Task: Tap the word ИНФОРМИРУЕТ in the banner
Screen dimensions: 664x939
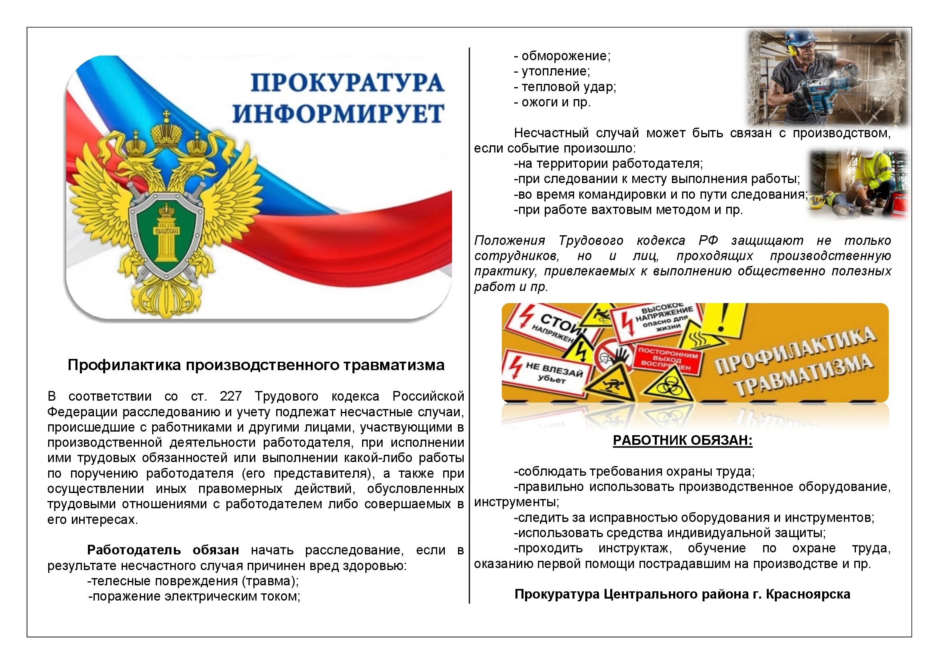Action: click(x=339, y=114)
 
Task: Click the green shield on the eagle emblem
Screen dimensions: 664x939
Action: click(x=167, y=229)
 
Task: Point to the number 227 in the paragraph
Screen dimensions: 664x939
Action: click(x=231, y=396)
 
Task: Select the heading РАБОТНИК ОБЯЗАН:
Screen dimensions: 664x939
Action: click(x=682, y=440)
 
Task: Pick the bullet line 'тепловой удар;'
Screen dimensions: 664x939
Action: click(x=568, y=87)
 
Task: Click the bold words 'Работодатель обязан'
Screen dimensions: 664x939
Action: click(x=163, y=550)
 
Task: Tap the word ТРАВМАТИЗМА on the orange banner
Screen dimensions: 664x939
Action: click(x=804, y=374)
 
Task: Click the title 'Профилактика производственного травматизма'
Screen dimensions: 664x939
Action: click(x=256, y=365)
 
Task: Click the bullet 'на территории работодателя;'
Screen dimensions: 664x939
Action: click(x=609, y=163)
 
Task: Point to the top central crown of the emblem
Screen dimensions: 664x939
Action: click(x=166, y=131)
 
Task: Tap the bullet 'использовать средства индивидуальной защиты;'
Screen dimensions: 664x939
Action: click(x=670, y=533)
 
